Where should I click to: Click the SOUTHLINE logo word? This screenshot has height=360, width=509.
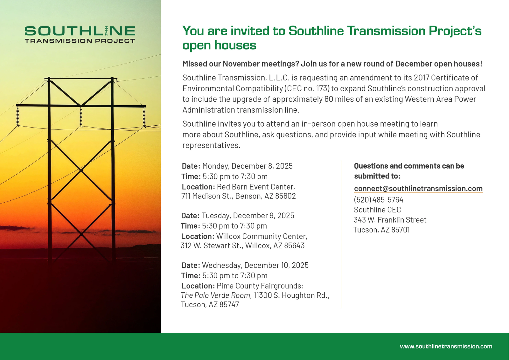[x=80, y=31]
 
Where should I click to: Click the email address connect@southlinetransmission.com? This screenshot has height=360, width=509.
[x=418, y=189]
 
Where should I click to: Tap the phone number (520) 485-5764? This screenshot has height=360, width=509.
[x=378, y=200]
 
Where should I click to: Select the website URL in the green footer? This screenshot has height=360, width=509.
[x=446, y=346]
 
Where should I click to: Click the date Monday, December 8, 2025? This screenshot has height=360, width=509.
[x=248, y=166]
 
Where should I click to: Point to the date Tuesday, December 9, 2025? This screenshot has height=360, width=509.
[x=248, y=216]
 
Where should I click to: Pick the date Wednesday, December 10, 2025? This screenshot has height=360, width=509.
[x=255, y=265]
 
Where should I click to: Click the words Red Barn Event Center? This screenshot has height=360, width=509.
[x=256, y=187]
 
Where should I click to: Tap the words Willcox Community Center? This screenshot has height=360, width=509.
[x=261, y=236]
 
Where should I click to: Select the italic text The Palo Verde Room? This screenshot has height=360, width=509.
[x=216, y=295]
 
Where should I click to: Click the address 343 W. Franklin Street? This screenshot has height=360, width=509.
[x=390, y=220]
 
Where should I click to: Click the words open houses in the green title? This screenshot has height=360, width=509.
[x=219, y=45]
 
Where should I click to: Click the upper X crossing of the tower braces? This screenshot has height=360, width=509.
[x=81, y=170]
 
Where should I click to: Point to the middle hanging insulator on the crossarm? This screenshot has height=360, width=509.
[x=81, y=116]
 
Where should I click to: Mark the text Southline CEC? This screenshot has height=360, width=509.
[x=377, y=210]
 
